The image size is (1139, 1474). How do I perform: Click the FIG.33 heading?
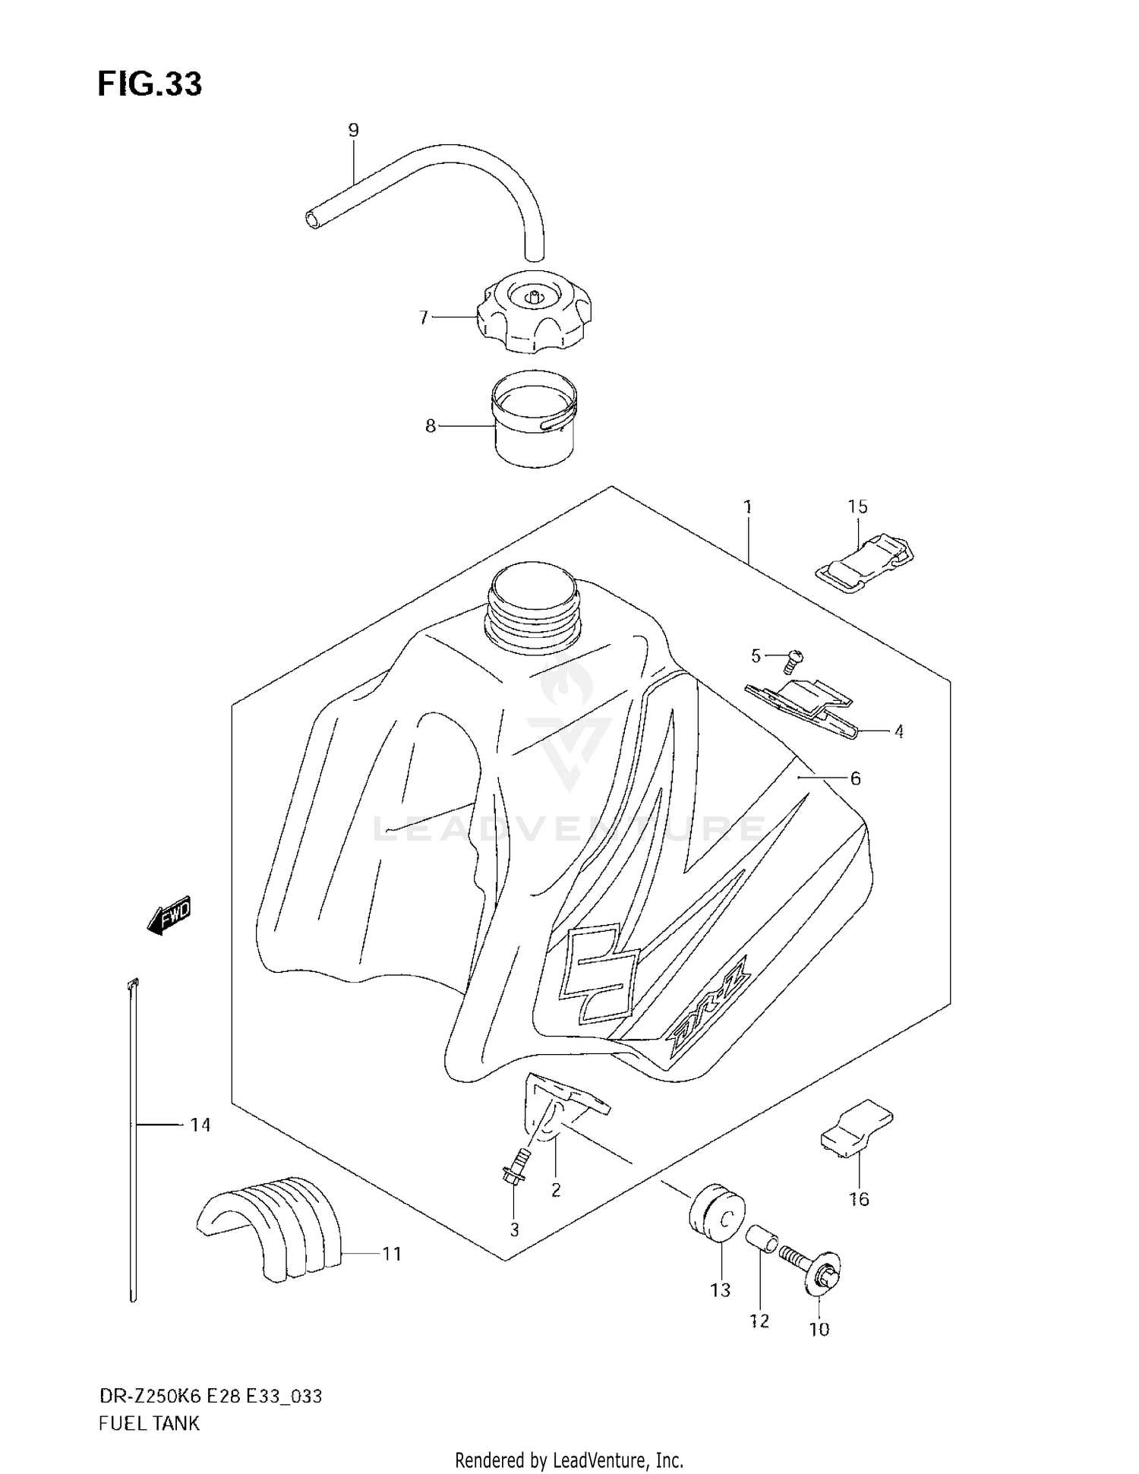tap(150, 84)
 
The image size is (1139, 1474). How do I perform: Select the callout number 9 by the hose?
tap(353, 131)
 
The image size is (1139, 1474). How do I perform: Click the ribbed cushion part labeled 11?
tap(270, 1228)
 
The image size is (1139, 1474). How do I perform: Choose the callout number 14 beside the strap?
tap(200, 1124)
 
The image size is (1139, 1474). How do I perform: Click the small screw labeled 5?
tap(794, 660)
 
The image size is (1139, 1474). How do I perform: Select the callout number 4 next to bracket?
tap(898, 732)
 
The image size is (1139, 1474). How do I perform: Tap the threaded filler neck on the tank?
tap(532, 611)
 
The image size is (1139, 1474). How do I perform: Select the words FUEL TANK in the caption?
tap(149, 1423)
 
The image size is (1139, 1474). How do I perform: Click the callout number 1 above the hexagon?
tap(748, 507)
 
